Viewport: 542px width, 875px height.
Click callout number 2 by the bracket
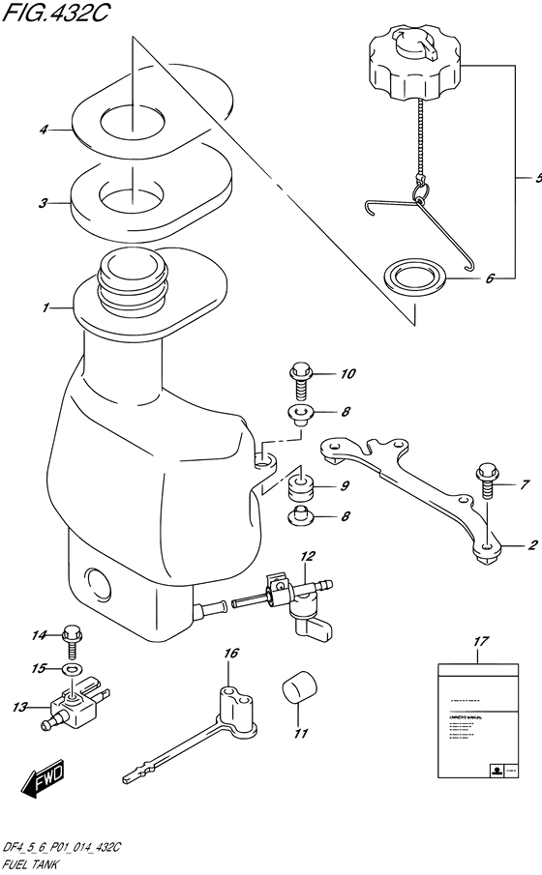point(530,546)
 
